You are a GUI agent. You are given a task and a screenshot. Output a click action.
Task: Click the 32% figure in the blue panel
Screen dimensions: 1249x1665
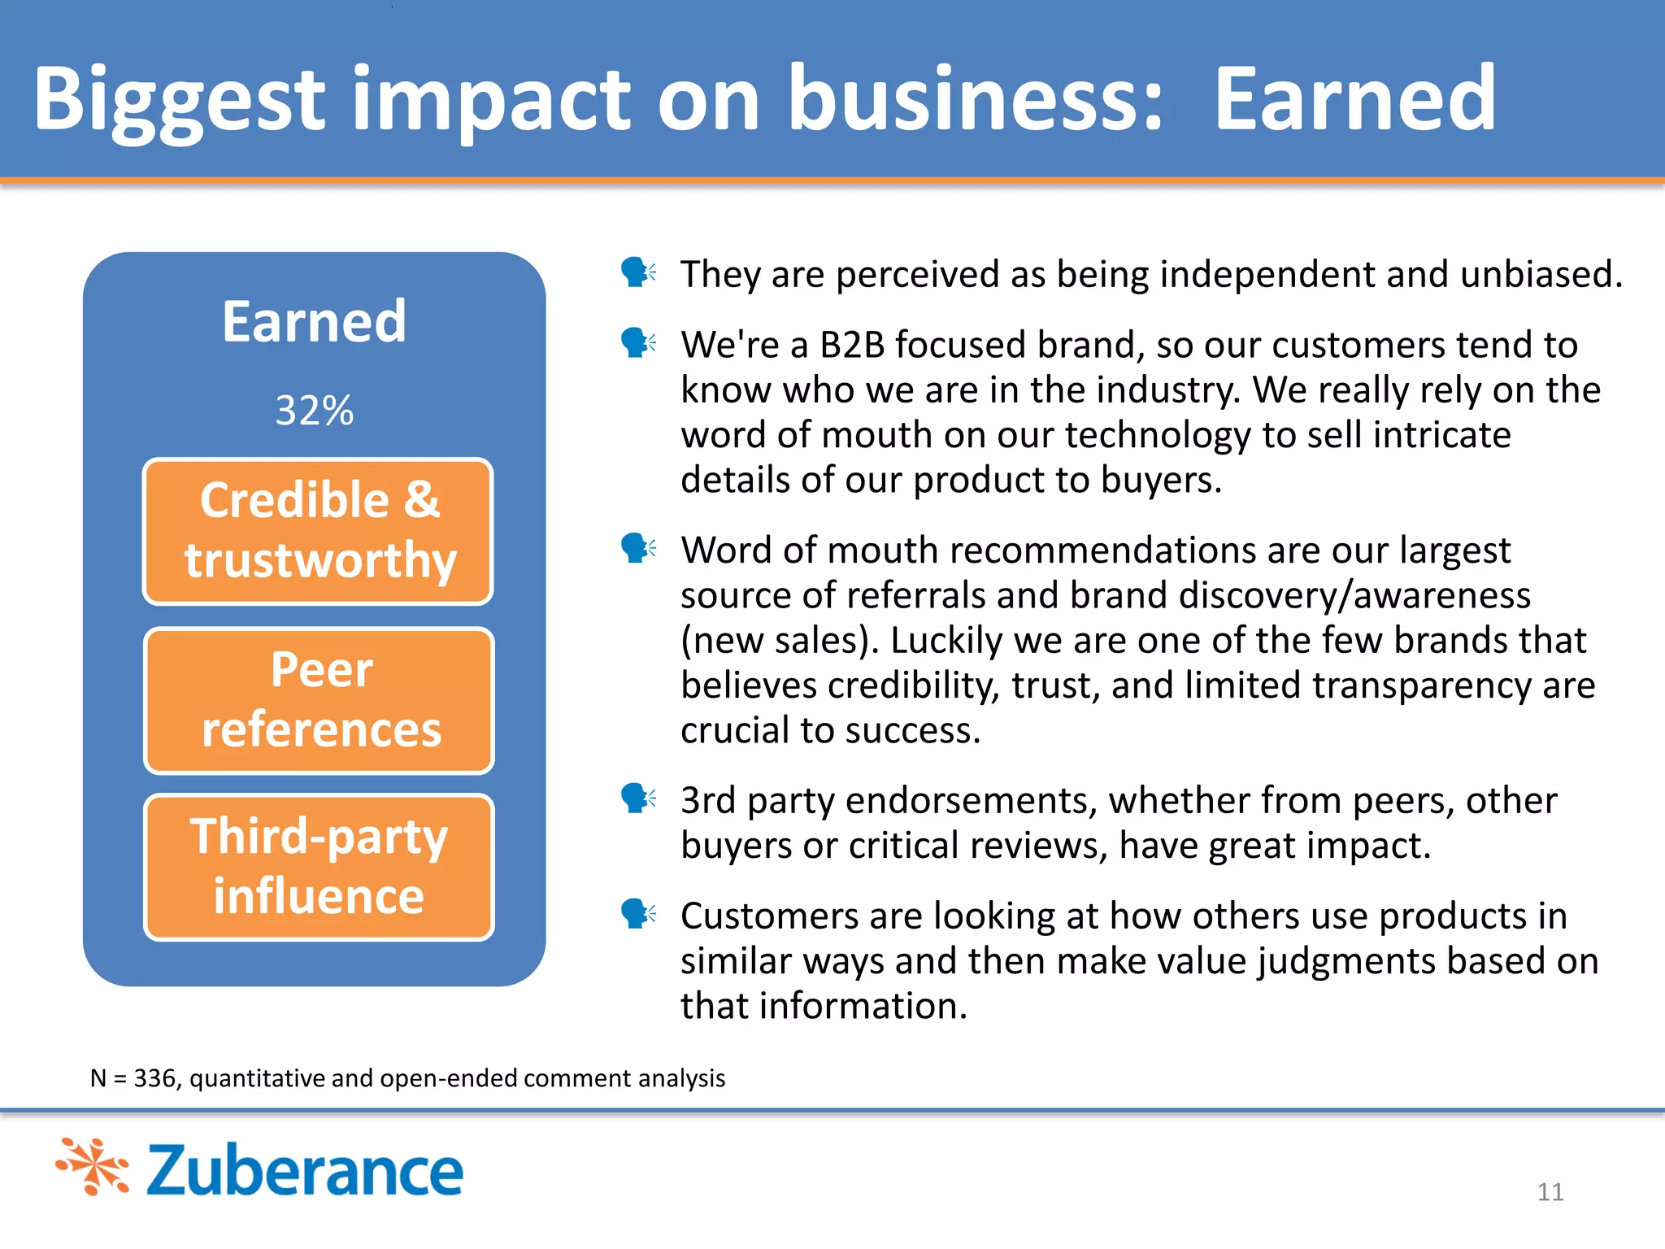[x=314, y=410]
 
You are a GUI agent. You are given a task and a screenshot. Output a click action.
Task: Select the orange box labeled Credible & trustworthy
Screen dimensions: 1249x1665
[x=318, y=531]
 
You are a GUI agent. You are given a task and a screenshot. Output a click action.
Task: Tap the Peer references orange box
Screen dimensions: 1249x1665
[x=319, y=699]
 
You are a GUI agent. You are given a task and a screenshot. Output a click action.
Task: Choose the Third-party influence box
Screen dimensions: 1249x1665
[x=319, y=867]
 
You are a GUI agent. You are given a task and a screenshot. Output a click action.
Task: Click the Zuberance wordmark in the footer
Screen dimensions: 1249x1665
[x=304, y=1170]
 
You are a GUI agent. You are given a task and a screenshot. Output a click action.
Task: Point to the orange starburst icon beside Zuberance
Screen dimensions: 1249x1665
[x=93, y=1167]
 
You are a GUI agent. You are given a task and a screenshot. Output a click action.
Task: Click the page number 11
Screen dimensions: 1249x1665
[x=1550, y=1192]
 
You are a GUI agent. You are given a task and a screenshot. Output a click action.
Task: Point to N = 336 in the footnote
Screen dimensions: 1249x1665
[x=133, y=1078]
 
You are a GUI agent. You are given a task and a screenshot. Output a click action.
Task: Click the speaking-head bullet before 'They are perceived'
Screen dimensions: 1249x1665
[x=637, y=272]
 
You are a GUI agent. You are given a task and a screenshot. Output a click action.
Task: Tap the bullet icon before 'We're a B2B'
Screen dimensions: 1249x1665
[x=637, y=343]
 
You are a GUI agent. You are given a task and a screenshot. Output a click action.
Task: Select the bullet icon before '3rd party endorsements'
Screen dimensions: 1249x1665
[x=637, y=799]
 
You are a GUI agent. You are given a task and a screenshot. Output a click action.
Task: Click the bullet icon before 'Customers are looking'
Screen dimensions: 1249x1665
[x=637, y=914]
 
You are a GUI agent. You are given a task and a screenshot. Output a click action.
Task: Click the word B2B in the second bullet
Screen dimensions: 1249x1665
[x=851, y=345]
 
